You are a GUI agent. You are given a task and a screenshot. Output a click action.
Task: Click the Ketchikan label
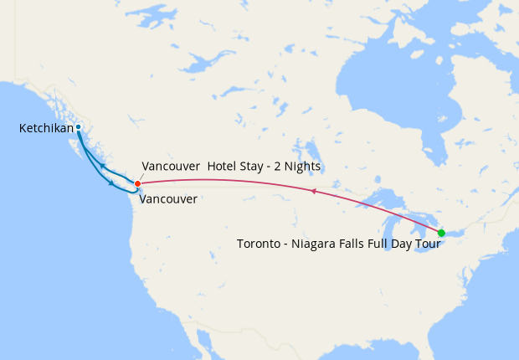coord(46,128)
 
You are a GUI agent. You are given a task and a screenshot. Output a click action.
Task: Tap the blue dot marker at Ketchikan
coord(78,127)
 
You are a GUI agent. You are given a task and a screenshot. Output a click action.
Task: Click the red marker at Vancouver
coord(137,183)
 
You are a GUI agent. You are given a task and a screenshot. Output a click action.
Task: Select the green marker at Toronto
coord(441,232)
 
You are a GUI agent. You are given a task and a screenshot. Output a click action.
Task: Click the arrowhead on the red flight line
coord(312,192)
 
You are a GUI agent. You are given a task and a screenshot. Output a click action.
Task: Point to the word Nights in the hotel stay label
coord(301,167)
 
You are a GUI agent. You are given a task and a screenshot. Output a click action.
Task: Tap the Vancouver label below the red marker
coord(168,199)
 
